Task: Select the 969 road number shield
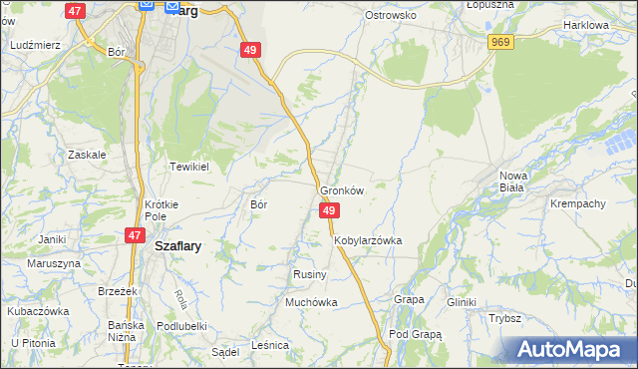click(500, 41)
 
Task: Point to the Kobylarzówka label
click(368, 240)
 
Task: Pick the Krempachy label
click(578, 203)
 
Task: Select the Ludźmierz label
click(35, 45)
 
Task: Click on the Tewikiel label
click(187, 167)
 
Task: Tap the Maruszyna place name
click(54, 263)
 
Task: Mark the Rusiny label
click(305, 273)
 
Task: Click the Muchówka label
click(311, 301)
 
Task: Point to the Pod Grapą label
click(415, 334)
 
